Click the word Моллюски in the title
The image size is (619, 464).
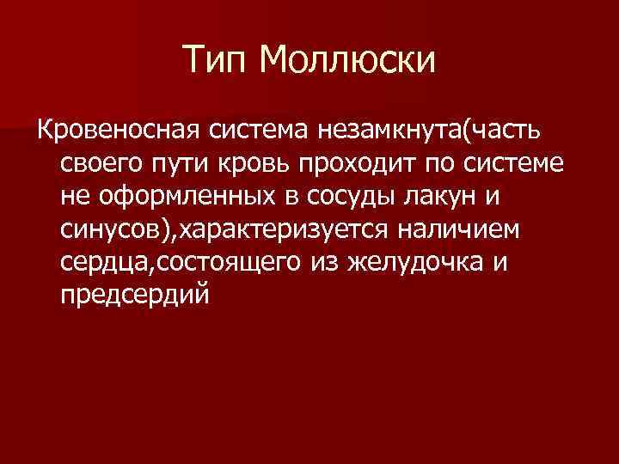348,60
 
